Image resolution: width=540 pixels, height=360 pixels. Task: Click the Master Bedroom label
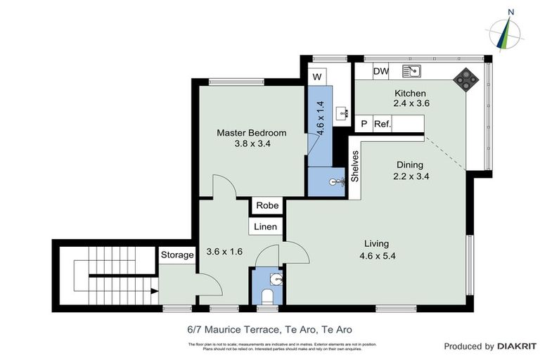tap(251, 133)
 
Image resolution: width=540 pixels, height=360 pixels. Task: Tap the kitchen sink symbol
tap(411, 71)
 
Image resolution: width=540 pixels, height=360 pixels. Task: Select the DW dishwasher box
tap(381, 71)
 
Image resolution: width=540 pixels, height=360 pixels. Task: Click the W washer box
tap(317, 76)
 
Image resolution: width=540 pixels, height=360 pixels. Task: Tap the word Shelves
tap(355, 167)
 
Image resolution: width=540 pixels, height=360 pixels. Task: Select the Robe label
tap(267, 206)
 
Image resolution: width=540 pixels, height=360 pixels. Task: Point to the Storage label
tap(176, 255)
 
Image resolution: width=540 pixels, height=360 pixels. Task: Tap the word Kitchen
tap(410, 93)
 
